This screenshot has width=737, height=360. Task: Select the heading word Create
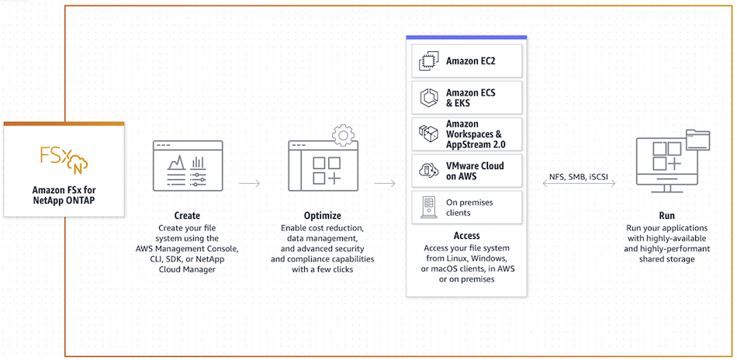(x=187, y=216)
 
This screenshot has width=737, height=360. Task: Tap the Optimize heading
(x=323, y=216)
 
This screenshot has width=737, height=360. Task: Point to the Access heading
(x=466, y=235)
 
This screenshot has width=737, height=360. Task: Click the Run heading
(x=667, y=216)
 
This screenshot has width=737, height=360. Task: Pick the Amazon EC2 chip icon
(x=427, y=61)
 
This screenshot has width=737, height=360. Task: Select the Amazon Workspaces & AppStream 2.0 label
(x=476, y=134)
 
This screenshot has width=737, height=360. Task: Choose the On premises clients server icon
(x=427, y=208)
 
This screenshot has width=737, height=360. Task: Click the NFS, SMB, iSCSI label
(x=579, y=176)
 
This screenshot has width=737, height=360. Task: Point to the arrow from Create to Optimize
(x=249, y=183)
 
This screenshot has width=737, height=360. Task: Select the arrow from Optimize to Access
(x=385, y=183)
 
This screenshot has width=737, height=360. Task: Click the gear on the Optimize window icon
(x=343, y=136)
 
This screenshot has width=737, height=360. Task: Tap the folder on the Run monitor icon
(x=698, y=140)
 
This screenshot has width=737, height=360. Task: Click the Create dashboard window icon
(x=188, y=165)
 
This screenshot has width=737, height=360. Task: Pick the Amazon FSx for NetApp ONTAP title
(x=64, y=195)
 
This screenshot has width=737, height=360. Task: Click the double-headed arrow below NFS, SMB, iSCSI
(x=579, y=184)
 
